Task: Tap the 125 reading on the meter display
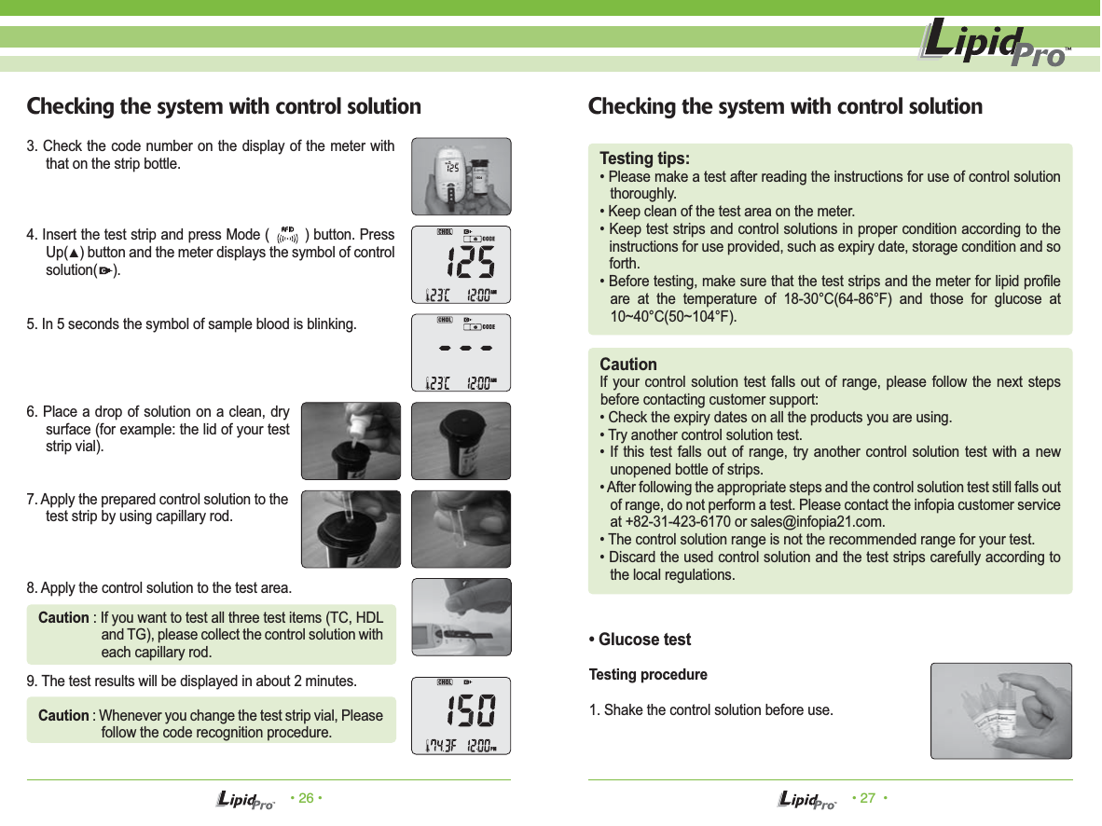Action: pyautogui.click(x=467, y=264)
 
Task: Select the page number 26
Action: pyautogui.click(x=305, y=799)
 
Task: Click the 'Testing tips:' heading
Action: pyautogui.click(x=644, y=158)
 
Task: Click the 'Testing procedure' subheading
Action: pyautogui.click(x=648, y=674)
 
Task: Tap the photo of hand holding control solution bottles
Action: pyautogui.click(x=1000, y=710)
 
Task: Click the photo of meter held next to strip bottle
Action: pyautogui.click(x=461, y=176)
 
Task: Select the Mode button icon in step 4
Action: pyautogui.click(x=287, y=235)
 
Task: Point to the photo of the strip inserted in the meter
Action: pyautogui.click(x=461, y=617)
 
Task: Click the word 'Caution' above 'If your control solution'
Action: pyautogui.click(x=627, y=364)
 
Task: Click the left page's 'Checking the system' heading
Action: pyautogui.click(x=224, y=106)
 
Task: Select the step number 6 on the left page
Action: pyautogui.click(x=32, y=413)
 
